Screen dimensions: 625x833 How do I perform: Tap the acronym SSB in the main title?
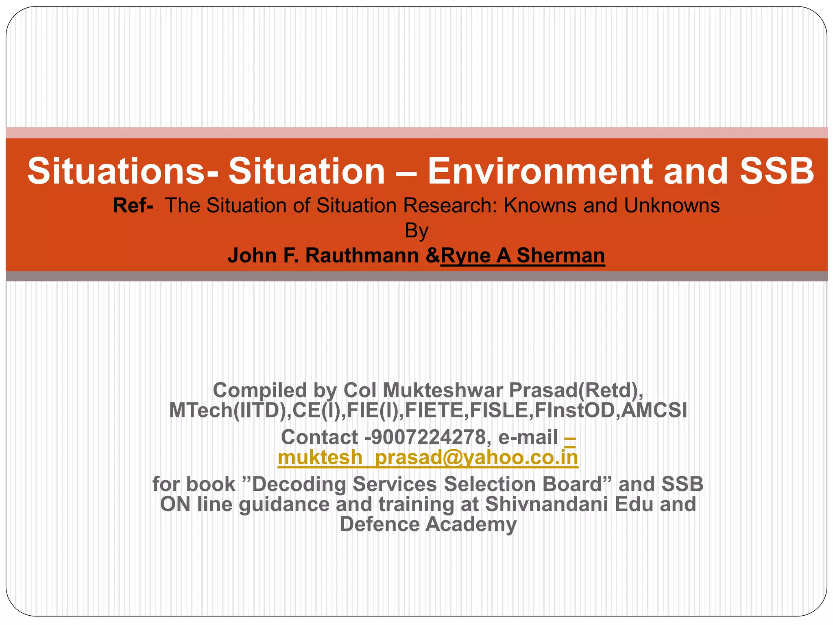click(776, 171)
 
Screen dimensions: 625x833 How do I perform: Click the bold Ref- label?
click(133, 205)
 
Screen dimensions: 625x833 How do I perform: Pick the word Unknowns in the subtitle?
click(672, 205)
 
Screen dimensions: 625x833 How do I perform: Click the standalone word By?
click(416, 231)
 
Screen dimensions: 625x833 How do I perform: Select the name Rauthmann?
click(362, 256)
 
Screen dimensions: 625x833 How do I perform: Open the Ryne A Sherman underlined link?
click(523, 256)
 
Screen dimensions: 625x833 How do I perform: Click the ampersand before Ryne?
click(433, 256)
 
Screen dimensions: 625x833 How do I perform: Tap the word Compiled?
click(259, 390)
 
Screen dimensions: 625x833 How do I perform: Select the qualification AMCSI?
click(654, 410)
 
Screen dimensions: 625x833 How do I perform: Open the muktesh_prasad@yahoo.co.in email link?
click(428, 457)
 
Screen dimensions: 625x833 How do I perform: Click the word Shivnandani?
click(547, 504)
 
